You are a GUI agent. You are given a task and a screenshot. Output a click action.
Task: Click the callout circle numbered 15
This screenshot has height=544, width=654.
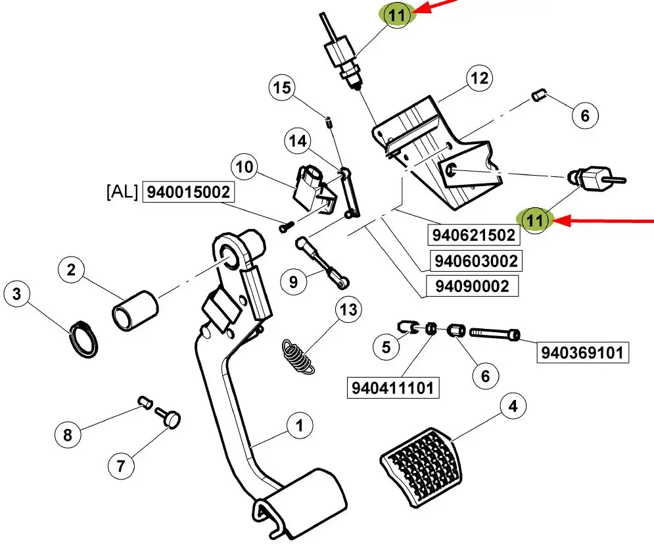(282, 88)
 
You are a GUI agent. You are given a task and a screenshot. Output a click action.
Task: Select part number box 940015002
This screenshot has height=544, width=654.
(189, 192)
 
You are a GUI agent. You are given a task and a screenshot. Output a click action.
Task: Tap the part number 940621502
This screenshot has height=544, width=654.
(474, 235)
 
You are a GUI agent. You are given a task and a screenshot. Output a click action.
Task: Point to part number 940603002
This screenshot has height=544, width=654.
(477, 261)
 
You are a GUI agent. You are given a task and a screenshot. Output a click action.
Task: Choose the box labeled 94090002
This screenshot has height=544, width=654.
(472, 286)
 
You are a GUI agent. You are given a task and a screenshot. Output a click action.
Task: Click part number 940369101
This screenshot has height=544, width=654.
(582, 353)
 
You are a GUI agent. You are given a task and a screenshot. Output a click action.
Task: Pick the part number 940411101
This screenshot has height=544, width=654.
(393, 388)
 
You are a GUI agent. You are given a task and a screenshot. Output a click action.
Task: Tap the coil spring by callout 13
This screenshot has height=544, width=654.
(298, 355)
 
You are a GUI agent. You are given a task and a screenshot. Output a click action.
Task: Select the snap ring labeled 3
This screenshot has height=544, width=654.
(83, 340)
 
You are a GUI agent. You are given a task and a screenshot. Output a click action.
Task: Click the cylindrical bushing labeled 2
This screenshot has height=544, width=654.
(135, 310)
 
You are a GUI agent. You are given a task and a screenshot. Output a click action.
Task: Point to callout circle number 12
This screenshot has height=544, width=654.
(479, 78)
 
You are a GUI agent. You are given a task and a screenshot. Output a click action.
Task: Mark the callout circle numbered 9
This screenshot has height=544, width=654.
(294, 282)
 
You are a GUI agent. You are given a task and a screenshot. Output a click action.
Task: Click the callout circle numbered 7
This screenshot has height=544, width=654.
(121, 466)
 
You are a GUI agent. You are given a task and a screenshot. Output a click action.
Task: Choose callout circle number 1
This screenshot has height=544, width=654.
(300, 426)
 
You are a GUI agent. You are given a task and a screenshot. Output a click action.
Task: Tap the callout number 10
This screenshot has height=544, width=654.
(245, 167)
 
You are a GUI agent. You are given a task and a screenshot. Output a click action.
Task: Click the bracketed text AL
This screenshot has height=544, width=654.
(122, 191)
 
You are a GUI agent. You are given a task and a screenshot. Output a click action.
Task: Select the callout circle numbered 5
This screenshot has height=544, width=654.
(386, 347)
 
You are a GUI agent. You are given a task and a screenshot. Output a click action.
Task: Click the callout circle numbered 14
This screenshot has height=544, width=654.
(298, 141)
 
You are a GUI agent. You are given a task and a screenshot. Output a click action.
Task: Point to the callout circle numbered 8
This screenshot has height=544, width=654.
(68, 435)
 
